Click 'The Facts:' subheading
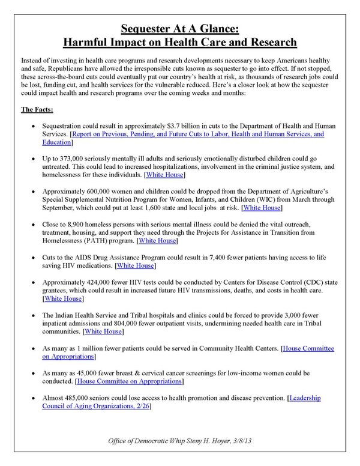[x=37, y=109]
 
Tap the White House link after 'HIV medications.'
[x=135, y=265]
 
